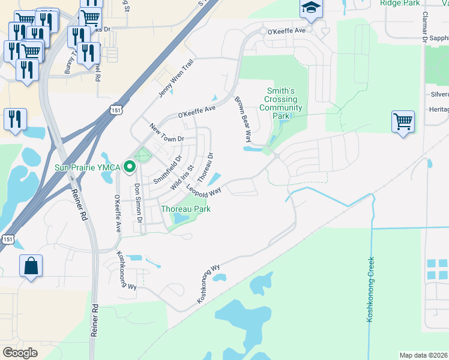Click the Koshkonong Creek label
(x=370, y=289)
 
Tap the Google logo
(x=20, y=353)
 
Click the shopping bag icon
(x=31, y=266)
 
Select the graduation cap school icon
(x=311, y=8)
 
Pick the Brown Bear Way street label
(x=243, y=119)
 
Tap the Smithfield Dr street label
(x=167, y=170)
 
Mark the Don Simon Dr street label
(x=137, y=203)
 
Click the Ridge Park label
(x=400, y=3)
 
